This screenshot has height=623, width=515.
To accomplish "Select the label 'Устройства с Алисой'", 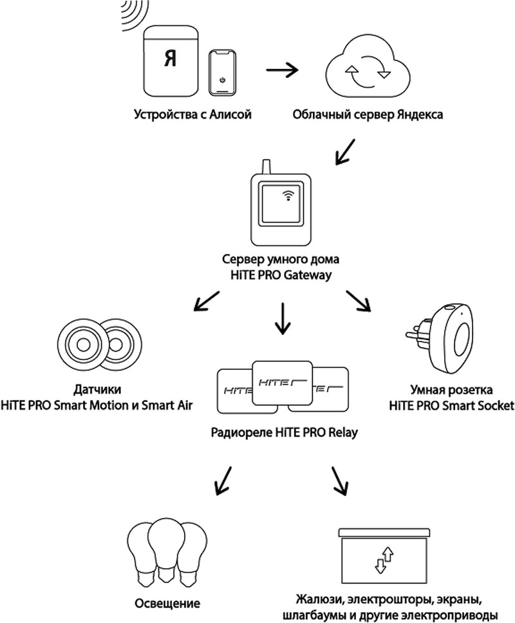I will (x=192, y=117).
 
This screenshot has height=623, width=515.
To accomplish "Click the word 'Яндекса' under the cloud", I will (x=419, y=117).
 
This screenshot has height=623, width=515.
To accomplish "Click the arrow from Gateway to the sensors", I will (x=205, y=302).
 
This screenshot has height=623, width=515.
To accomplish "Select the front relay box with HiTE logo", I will (x=283, y=381).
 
